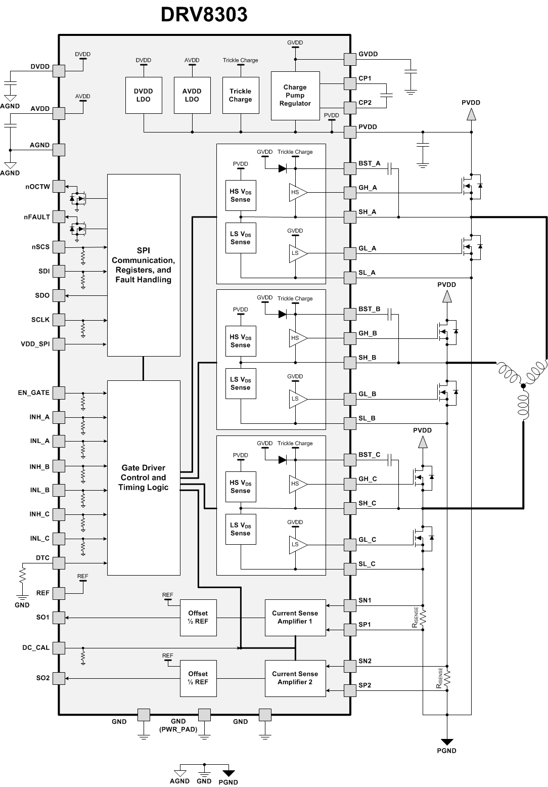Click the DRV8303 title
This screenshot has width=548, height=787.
(204, 15)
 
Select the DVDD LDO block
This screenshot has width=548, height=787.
(144, 95)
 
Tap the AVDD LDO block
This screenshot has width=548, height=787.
(192, 95)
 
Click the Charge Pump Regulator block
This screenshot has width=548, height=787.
(295, 96)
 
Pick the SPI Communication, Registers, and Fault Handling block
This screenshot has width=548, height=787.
(144, 265)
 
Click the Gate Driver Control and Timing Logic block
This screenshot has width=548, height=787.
(144, 477)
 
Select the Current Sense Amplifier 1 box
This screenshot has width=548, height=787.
(295, 617)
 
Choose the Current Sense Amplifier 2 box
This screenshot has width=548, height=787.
(295, 678)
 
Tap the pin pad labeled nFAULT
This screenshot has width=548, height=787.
(59, 216)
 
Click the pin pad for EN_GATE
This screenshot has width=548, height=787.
(59, 392)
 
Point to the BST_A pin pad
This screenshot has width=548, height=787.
(350, 168)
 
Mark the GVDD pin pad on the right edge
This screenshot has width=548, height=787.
(350, 59)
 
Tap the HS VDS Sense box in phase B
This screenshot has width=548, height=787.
(241, 341)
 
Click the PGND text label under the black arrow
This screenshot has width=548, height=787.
(446, 751)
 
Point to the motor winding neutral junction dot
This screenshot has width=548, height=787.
(523, 386)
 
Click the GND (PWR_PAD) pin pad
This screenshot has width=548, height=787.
(204, 714)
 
